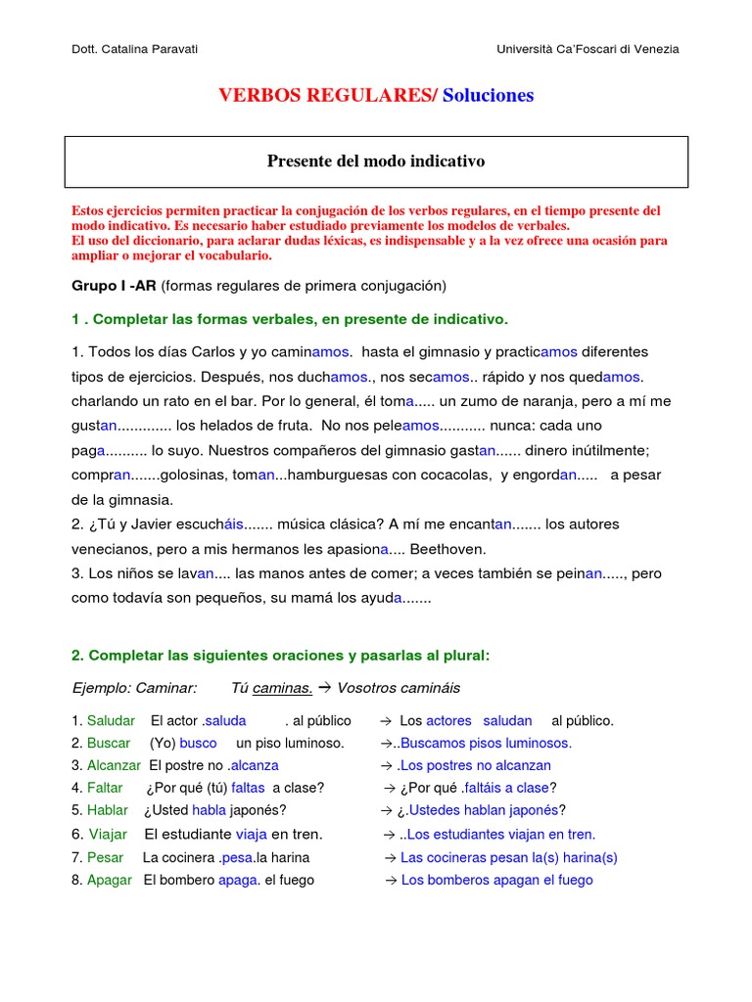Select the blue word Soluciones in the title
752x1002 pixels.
coord(489,95)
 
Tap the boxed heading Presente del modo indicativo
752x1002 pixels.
coord(376,161)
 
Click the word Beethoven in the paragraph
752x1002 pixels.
coord(446,549)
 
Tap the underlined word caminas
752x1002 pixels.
coord(282,688)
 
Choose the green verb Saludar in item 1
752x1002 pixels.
coord(111,721)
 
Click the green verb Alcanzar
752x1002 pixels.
coord(114,765)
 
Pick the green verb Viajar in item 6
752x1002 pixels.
coord(108,835)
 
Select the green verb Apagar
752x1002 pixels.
coord(109,880)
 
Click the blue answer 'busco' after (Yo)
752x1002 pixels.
coord(198,743)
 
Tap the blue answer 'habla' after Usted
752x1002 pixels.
coord(209,810)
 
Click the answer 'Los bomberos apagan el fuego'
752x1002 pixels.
coord(496,880)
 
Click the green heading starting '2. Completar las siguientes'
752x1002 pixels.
coord(280,655)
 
